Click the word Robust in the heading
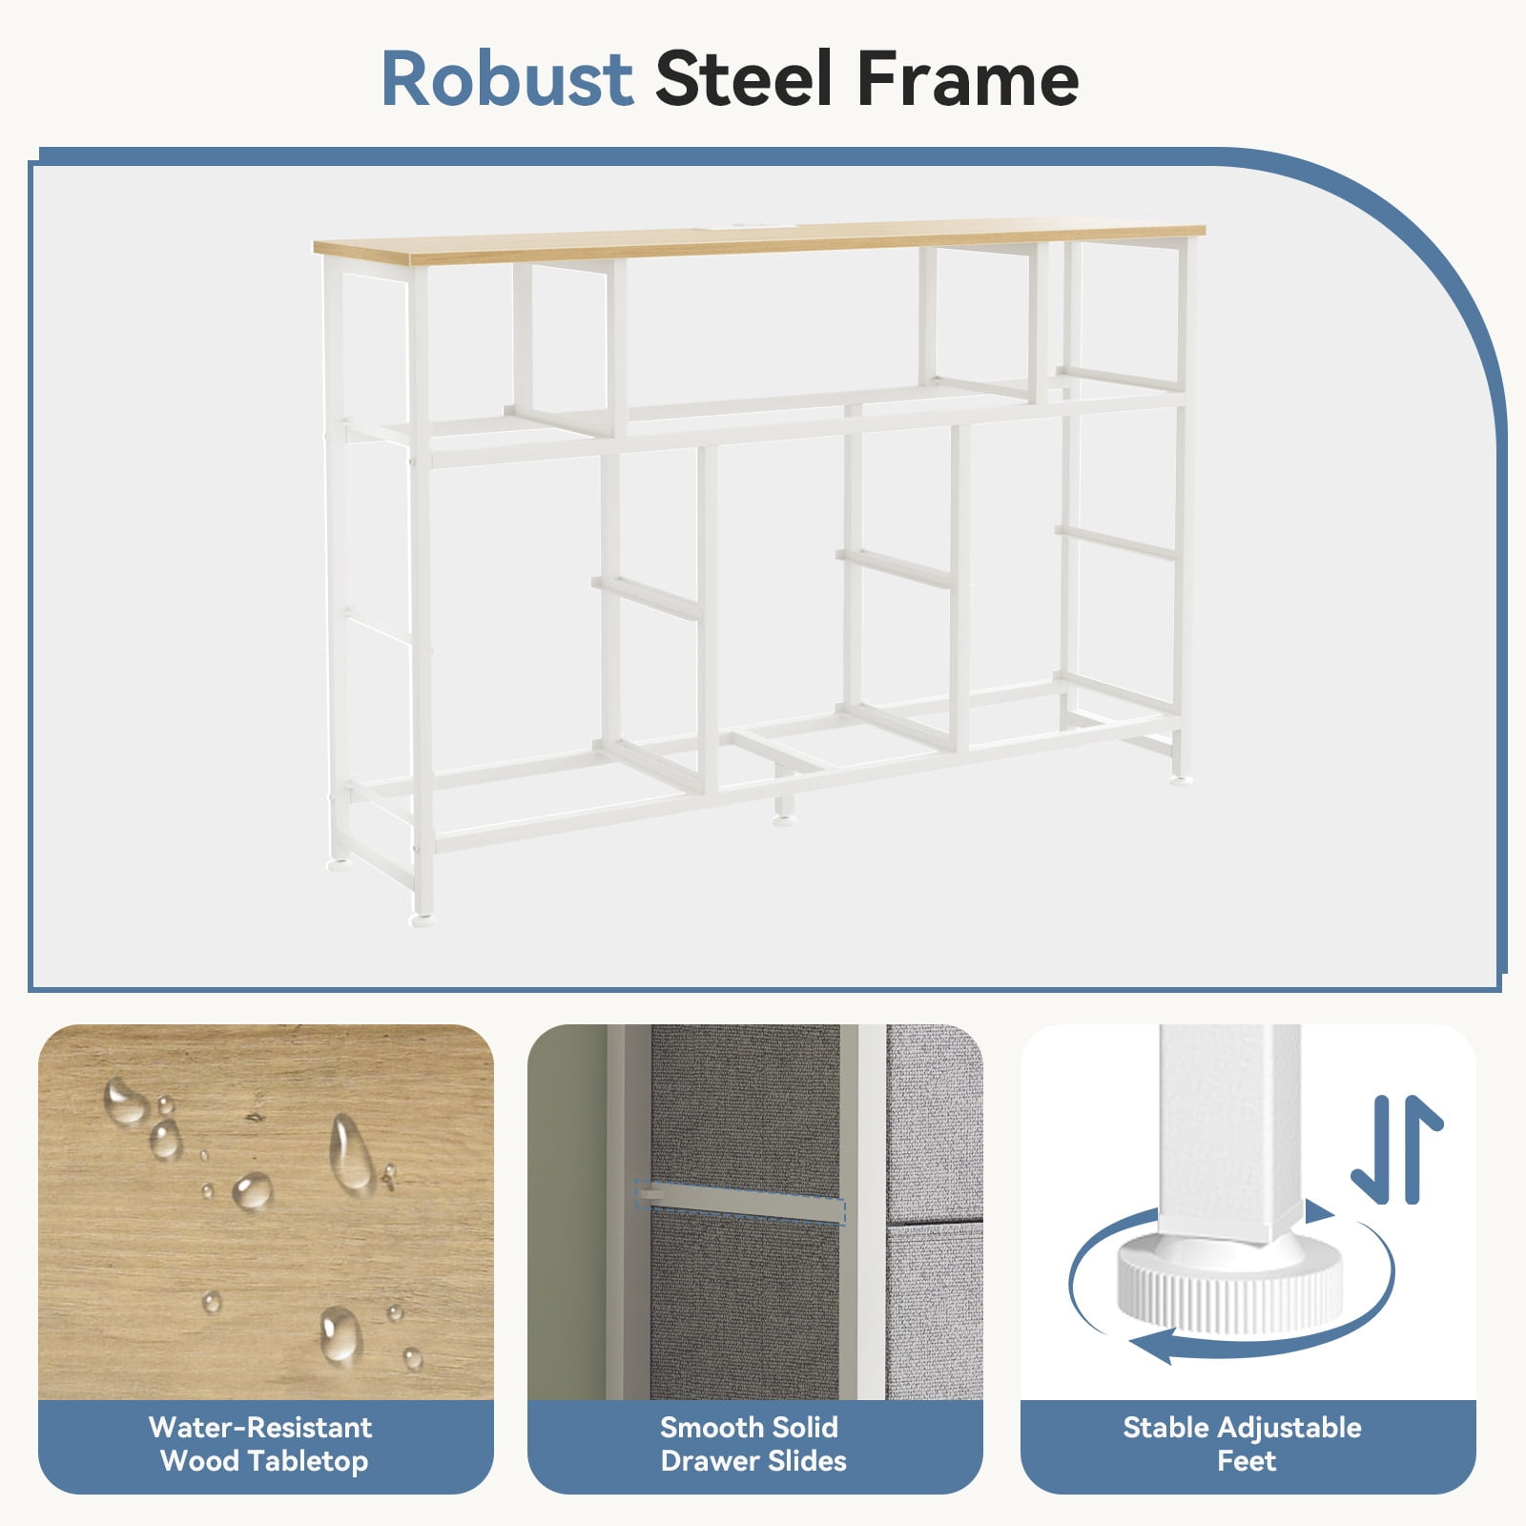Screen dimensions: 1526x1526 click(507, 78)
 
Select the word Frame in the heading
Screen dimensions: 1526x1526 click(967, 78)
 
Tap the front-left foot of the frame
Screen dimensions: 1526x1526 click(421, 921)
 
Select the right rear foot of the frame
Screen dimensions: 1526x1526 click(1182, 781)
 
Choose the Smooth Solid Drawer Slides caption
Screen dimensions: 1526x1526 click(753, 1444)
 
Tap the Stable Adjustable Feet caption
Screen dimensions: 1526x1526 click(1243, 1444)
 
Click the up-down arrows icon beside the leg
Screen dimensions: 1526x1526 click(1397, 1149)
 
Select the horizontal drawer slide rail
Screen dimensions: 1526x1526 click(741, 1203)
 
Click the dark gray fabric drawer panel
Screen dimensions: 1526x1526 click(745, 1211)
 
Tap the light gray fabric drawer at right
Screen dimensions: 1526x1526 click(934, 1211)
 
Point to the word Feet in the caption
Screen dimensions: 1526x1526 click(1247, 1460)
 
